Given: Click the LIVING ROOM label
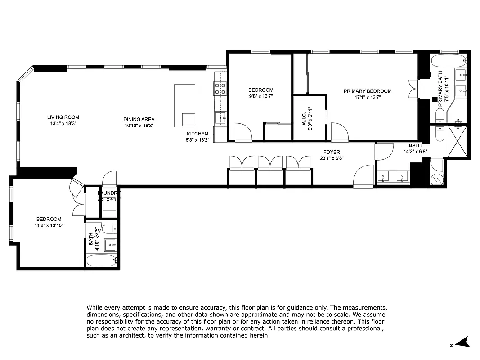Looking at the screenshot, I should (63, 117).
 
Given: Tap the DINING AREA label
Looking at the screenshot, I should (139, 119).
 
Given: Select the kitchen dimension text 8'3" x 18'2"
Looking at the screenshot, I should (197, 139).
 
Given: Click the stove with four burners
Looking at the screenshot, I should (220, 88).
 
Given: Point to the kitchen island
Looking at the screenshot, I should (185, 105).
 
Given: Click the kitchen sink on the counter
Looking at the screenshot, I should (220, 118).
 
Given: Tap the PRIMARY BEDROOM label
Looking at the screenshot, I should (368, 91).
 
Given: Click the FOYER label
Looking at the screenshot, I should (332, 152).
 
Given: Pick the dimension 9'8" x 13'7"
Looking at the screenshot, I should (260, 96).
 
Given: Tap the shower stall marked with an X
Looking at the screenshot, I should (458, 141).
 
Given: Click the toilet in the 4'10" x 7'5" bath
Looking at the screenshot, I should (110, 229).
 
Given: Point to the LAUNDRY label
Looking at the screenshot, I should (108, 193).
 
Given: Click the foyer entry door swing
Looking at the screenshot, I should (364, 177).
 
